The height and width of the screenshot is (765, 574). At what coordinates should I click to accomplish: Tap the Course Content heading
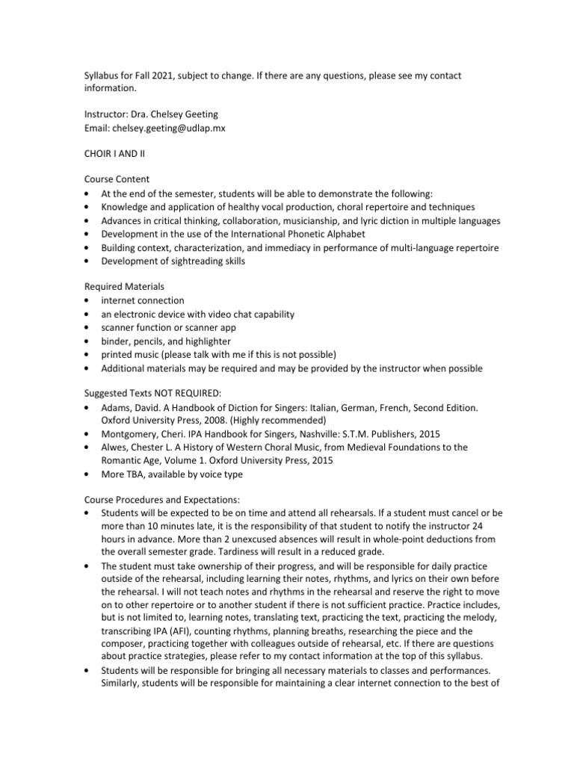pos(117,179)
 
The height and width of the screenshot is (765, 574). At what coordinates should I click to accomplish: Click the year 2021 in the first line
pos(173,75)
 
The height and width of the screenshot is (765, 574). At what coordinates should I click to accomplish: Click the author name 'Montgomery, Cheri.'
pos(144,434)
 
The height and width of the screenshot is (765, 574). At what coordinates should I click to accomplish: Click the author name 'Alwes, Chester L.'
pos(142,447)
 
